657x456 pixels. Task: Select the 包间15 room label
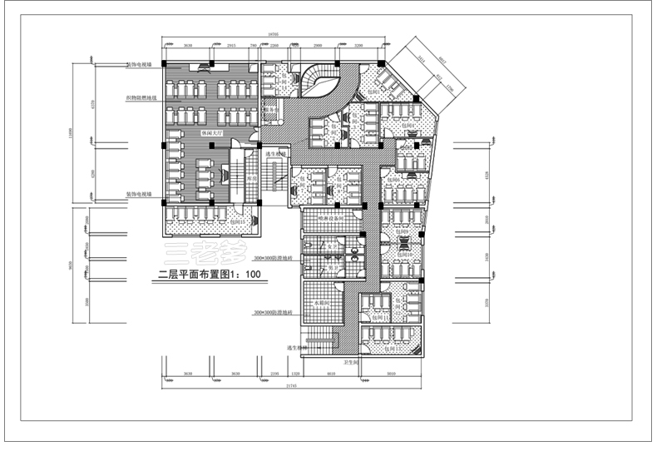coord(238,222)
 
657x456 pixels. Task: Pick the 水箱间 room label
coord(322,305)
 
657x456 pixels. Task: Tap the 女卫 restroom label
coord(331,246)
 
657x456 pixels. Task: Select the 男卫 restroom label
coord(331,269)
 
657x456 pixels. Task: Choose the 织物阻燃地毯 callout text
coord(141,97)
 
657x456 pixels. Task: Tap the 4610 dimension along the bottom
coord(331,375)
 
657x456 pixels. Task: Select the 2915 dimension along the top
coord(231,45)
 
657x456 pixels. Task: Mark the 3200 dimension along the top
coord(358,45)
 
